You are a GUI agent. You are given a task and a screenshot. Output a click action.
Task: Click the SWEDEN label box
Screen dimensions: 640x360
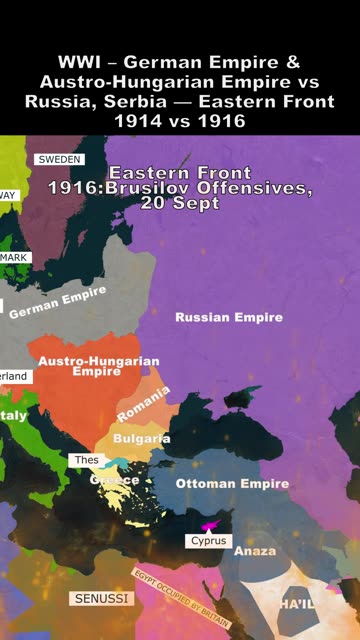tap(60, 159)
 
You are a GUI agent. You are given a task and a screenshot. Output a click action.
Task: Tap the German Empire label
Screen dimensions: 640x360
tap(57, 304)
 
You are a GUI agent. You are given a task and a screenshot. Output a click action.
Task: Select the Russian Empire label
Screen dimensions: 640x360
tap(229, 317)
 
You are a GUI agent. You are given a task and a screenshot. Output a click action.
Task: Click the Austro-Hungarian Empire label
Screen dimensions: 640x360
tap(97, 366)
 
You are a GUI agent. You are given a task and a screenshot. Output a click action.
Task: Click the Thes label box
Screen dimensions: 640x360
tap(85, 460)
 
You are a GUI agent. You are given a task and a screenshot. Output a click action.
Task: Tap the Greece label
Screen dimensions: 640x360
tap(115, 480)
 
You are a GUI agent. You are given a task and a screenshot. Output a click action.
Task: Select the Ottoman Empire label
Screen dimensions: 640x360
tap(232, 484)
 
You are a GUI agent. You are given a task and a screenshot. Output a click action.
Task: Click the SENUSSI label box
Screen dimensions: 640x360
tap(100, 598)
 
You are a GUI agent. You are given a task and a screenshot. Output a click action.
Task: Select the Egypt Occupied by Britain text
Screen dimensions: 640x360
tap(181, 596)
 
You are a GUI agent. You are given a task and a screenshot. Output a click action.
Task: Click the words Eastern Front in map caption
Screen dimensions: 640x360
tap(180, 172)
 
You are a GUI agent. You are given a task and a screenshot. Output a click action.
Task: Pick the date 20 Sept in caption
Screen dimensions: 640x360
tap(183, 203)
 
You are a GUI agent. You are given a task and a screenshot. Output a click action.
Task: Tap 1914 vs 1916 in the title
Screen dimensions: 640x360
tap(180, 120)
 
